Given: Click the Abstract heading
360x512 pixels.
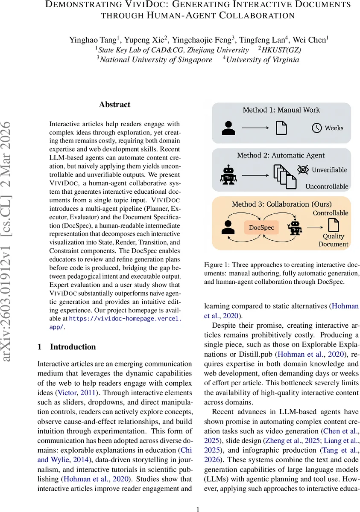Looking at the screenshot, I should tap(114, 105).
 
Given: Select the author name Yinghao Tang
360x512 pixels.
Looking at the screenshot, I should tap(92, 41).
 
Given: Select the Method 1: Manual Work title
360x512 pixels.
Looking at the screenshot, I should tap(281, 110).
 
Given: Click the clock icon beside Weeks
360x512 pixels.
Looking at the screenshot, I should tap(316, 128).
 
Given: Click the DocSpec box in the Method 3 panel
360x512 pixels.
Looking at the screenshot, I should tap(261, 227).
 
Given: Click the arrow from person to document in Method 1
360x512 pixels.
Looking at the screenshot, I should tap(256, 128).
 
